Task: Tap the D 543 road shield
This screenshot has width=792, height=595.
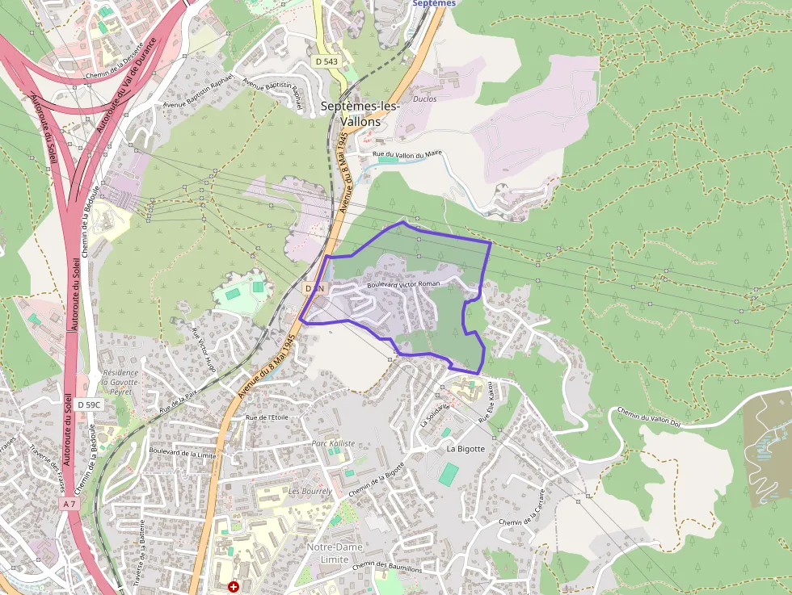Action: [x=326, y=61]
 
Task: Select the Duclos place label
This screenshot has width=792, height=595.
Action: [x=424, y=99]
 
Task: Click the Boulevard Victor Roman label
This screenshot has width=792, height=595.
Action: [x=403, y=284]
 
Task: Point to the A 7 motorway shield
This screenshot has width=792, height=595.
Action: [x=70, y=504]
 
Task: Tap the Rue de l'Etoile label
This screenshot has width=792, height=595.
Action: [x=267, y=417]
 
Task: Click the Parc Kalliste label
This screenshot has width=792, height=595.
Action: [x=333, y=443]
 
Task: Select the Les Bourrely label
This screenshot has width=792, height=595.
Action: [x=310, y=491]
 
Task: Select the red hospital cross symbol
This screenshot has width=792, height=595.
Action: [x=234, y=587]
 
